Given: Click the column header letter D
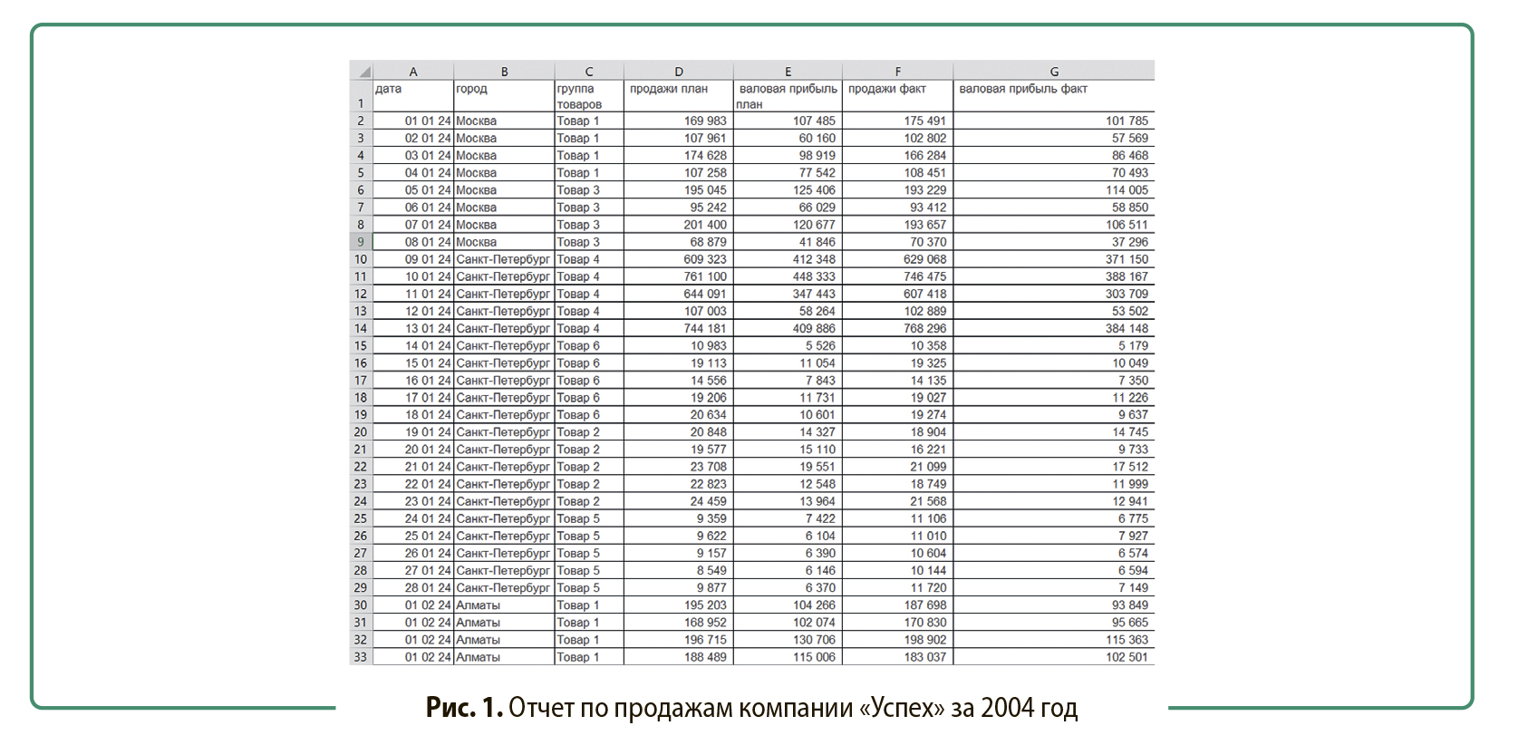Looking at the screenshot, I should [x=679, y=72].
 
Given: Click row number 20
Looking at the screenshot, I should [x=361, y=432].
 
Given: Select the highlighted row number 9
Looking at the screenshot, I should [x=361, y=242].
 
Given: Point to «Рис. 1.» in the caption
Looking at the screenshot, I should [x=464, y=708].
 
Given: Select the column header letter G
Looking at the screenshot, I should [x=1054, y=72].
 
